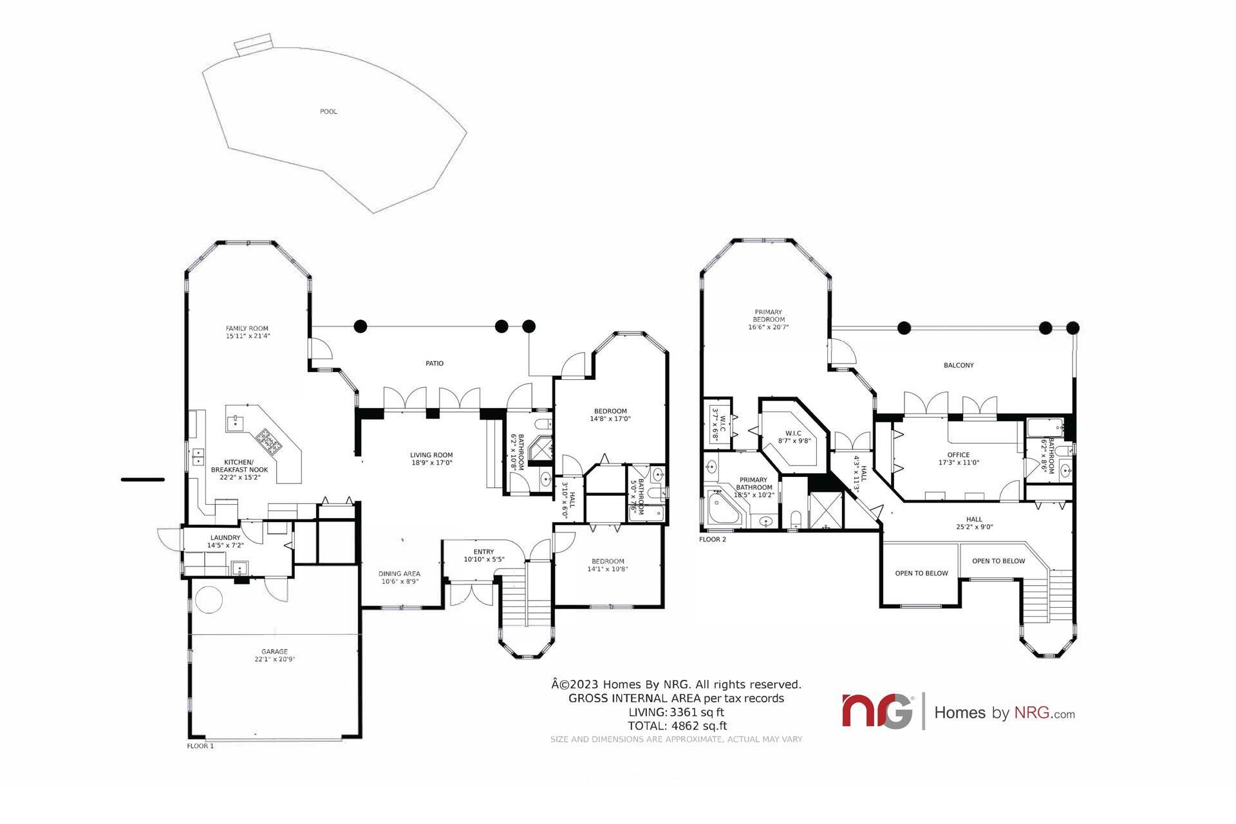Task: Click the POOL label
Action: (x=328, y=111)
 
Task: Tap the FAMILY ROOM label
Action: (x=247, y=328)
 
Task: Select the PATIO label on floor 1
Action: (x=435, y=363)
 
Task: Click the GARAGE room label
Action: (x=274, y=651)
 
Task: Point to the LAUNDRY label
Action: (x=225, y=538)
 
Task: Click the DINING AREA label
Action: (x=399, y=574)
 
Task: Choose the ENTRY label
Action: (x=483, y=552)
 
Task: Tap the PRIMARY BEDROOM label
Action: (x=769, y=315)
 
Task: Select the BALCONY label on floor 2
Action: (x=959, y=365)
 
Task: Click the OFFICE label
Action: (x=959, y=455)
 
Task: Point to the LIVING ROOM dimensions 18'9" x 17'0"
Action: (x=432, y=462)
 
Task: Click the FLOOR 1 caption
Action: (x=200, y=746)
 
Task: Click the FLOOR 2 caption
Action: (x=713, y=539)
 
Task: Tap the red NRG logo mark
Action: (x=877, y=711)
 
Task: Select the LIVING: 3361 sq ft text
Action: (x=677, y=712)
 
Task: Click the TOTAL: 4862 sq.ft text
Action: (x=677, y=726)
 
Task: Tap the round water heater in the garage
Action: (x=209, y=600)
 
